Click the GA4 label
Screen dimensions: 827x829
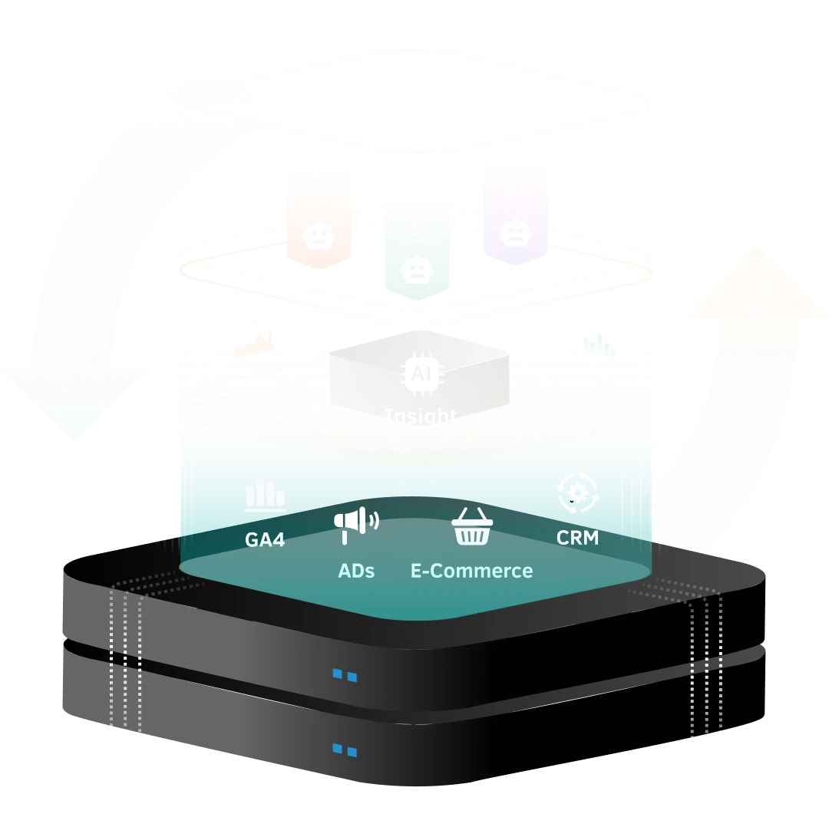click(x=265, y=539)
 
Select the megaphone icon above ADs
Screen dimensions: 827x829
click(x=355, y=525)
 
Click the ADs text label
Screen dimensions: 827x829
click(x=356, y=571)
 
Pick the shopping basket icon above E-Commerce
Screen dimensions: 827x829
click(x=471, y=527)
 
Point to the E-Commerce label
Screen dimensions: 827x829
click(x=471, y=571)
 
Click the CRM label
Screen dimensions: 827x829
click(x=577, y=538)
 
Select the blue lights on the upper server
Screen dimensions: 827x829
click(x=344, y=676)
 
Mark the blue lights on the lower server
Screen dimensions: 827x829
click(x=344, y=750)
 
